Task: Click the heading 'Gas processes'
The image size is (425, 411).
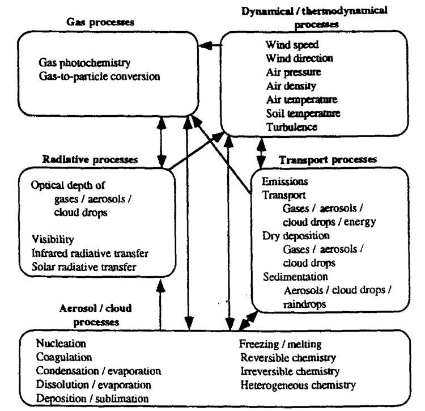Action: coord(100,22)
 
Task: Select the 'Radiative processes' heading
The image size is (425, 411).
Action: coord(90,159)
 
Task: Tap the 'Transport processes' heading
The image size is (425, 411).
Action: coord(328,160)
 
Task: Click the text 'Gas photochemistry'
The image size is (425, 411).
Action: coord(84,63)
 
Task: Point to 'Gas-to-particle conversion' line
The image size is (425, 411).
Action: coord(99,77)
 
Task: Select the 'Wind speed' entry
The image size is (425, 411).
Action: coord(292,45)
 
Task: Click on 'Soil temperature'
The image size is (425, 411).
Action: coord(303,113)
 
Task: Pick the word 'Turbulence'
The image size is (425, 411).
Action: coord(292,127)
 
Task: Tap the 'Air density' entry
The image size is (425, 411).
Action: coord(291,86)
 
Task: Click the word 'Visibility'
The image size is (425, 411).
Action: coord(53,239)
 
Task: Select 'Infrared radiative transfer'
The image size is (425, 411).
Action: coord(90,253)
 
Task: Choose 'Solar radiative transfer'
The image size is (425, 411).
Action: coord(84,267)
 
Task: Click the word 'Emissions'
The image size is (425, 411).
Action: coord(285,181)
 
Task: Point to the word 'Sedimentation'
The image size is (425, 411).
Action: coord(295,277)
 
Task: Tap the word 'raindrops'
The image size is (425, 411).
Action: coord(305,304)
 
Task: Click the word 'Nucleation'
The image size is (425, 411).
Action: coord(61,344)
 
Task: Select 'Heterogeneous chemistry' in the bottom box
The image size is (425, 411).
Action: coord(298,385)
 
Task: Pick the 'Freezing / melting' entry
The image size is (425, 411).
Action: coord(280,344)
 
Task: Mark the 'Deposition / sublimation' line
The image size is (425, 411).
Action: coord(92,399)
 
